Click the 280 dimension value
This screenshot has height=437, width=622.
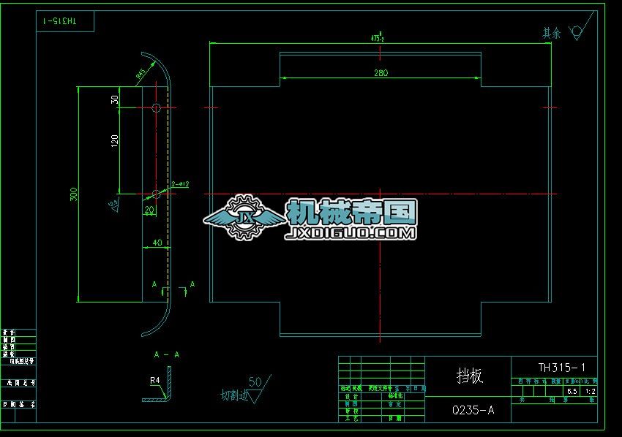point(381,72)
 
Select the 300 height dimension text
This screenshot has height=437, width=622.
point(73,194)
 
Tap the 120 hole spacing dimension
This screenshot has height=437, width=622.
point(114,142)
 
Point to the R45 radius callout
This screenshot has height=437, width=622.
point(140,73)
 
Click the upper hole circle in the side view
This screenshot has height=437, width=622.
point(156,108)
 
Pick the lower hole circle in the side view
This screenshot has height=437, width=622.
point(156,194)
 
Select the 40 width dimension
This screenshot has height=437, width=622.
point(156,242)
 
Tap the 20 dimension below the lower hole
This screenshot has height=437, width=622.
point(149,210)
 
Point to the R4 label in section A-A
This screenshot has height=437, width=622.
point(155,380)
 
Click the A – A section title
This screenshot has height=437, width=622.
point(167,354)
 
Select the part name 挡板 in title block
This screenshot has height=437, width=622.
point(468,376)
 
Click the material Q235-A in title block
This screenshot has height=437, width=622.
point(473,411)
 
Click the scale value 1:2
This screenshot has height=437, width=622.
point(591,391)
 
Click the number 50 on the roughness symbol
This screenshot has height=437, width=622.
point(255,381)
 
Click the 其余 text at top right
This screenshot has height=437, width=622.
point(551,33)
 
